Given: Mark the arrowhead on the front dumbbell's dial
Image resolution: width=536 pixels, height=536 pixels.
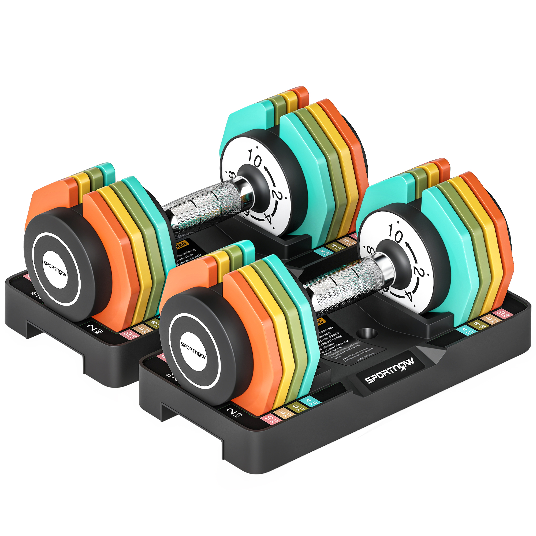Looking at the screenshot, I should [x=408, y=244].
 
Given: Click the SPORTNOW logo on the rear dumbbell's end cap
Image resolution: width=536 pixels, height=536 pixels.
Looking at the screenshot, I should [x=55, y=268].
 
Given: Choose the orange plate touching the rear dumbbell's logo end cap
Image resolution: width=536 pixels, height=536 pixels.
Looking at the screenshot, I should [x=111, y=250].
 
